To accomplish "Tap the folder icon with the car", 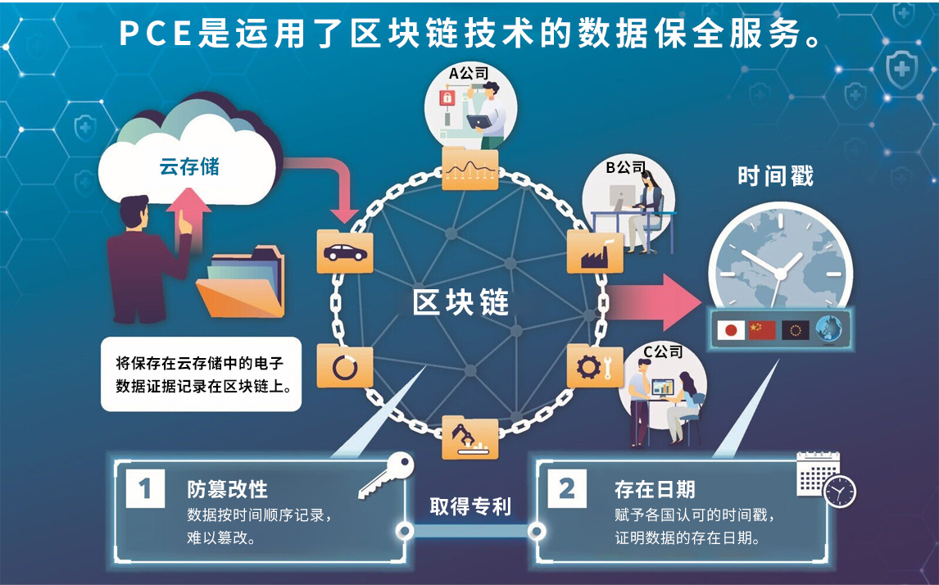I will (x=345, y=252).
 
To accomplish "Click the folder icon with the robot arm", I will (x=470, y=438).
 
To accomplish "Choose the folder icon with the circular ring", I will (x=345, y=367).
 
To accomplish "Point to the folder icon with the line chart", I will (x=470, y=169).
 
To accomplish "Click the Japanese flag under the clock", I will (x=730, y=330).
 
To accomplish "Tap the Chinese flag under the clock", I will (x=762, y=330).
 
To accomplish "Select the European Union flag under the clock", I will (x=795, y=330).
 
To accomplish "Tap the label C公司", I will (x=662, y=351).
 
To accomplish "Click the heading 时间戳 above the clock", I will (x=775, y=176).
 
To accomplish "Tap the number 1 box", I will (x=145, y=489).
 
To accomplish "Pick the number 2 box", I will (x=567, y=489).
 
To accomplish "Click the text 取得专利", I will (x=470, y=507).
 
